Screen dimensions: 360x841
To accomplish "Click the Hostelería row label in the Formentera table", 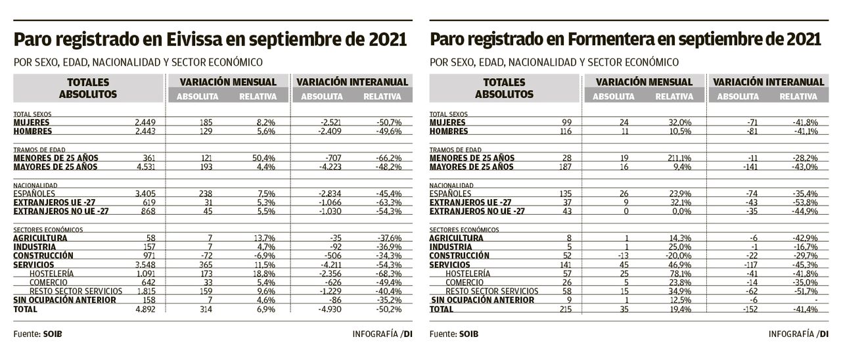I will (468, 273).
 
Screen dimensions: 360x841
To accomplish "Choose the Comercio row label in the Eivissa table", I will (49, 282).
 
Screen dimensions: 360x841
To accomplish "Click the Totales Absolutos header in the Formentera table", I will (505, 88).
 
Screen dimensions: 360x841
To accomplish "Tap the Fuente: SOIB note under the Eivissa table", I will (37, 334).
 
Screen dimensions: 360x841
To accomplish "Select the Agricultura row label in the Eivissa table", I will (40, 237).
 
